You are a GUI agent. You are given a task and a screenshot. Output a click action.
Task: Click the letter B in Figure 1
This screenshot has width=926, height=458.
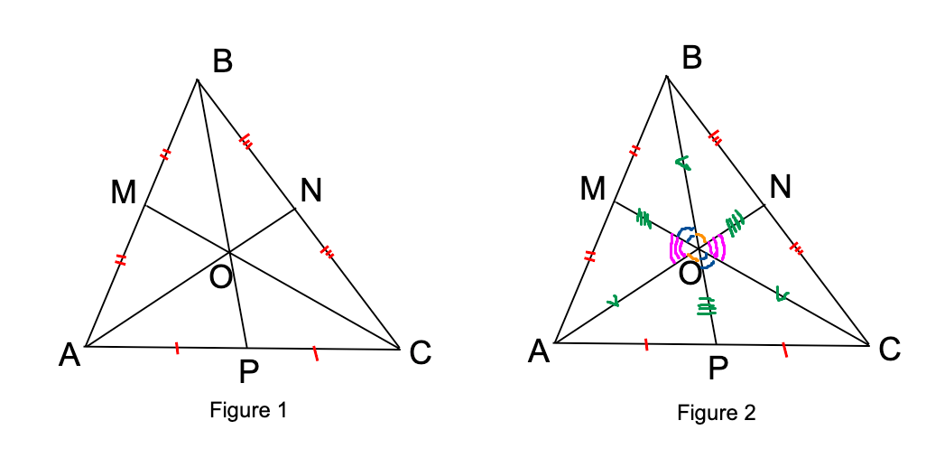tap(223, 61)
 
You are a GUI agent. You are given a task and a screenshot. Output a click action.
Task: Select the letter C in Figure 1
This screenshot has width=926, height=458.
tap(421, 353)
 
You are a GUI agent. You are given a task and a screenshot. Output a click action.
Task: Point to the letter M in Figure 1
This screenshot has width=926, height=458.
tap(124, 192)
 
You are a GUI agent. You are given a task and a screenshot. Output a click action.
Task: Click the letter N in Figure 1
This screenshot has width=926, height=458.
tap(311, 190)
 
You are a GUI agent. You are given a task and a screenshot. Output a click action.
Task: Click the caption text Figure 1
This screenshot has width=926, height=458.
tap(248, 410)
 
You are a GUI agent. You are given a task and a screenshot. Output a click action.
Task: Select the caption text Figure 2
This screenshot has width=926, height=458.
tap(717, 413)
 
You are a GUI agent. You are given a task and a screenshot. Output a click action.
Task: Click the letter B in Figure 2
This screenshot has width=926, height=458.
tap(692, 58)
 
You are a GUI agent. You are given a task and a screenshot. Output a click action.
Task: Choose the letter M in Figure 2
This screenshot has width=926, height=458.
tap(593, 188)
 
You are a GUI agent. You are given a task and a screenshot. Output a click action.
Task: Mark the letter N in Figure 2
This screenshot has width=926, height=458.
tap(781, 187)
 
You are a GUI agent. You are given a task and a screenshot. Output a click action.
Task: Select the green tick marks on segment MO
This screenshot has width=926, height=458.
tap(644, 217)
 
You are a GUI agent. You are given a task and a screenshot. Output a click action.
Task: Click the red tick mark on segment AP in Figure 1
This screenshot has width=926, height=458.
tap(177, 347)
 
